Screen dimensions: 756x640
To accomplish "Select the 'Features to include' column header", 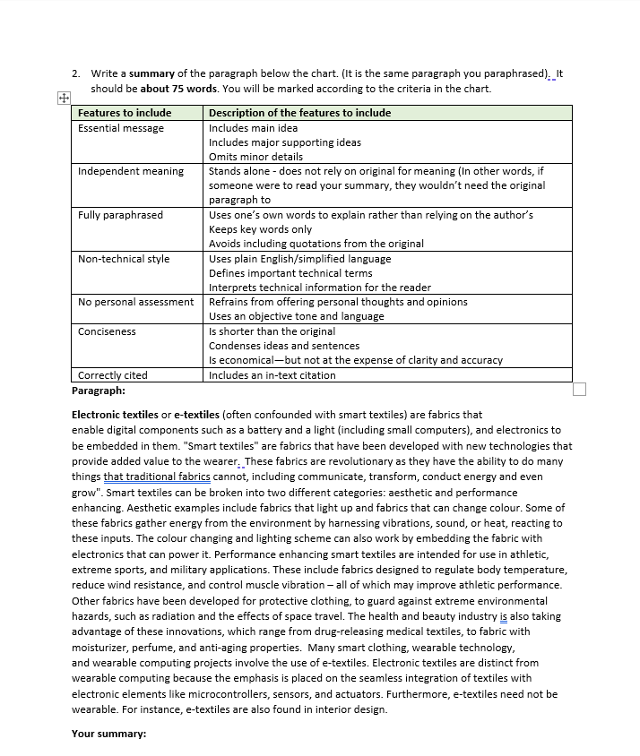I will pyautogui.click(x=124, y=113).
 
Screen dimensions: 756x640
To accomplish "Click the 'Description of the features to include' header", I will pyautogui.click(x=299, y=113).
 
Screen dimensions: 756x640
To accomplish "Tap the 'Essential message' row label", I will pyautogui.click(x=121, y=128).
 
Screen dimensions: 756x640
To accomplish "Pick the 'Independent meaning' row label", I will pyautogui.click(x=131, y=171).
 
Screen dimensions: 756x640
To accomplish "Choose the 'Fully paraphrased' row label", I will pyautogui.click(x=120, y=215).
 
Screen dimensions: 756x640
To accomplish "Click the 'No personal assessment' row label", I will pyautogui.click(x=135, y=302).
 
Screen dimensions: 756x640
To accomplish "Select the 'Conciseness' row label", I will pyautogui.click(x=107, y=331).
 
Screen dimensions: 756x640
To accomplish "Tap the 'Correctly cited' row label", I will pyautogui.click(x=113, y=375).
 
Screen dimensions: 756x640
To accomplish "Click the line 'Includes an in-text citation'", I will pyautogui.click(x=272, y=375).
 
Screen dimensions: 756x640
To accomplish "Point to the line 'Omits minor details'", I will pyautogui.click(x=255, y=157).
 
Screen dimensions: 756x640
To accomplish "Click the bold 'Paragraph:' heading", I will pyautogui.click(x=98, y=391).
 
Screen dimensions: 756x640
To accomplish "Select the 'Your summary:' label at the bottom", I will pyautogui.click(x=108, y=734).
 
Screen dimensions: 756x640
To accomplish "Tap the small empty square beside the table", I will pyautogui.click(x=578, y=388).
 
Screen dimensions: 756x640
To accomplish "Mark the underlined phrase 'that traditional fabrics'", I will pyautogui.click(x=157, y=477).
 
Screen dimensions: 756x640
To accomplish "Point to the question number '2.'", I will pyautogui.click(x=77, y=73).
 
